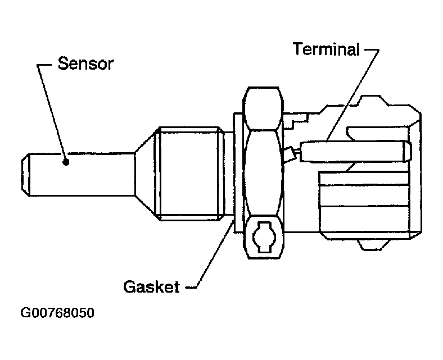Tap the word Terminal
326,49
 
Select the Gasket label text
151,287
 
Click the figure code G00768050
57,313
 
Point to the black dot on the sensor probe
66,162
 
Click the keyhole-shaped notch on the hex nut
263,236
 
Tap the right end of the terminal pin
406,150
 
